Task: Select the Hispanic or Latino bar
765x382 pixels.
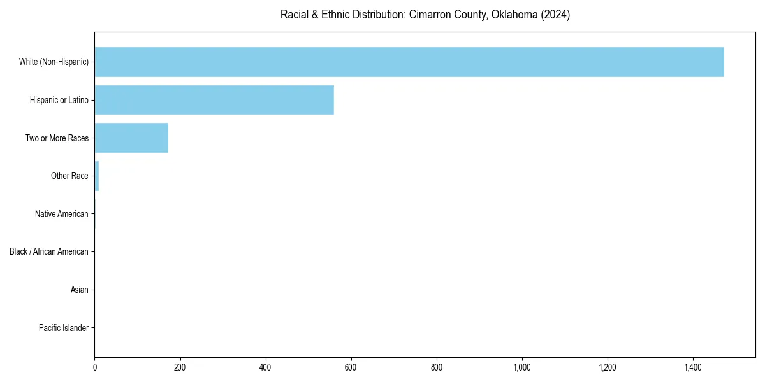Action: (x=214, y=100)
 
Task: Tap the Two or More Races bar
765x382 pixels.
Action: (x=131, y=138)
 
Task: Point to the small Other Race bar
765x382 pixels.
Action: (x=97, y=176)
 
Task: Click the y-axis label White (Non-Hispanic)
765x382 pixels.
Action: (x=54, y=62)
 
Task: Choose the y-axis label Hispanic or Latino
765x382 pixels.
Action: (x=59, y=100)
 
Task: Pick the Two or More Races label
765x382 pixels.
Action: (x=57, y=138)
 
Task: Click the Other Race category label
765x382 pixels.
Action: (x=69, y=176)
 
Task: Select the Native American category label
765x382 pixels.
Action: (x=62, y=214)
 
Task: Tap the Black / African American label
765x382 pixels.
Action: (x=49, y=251)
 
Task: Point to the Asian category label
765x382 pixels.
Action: (x=80, y=290)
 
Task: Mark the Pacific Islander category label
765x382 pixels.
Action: (x=64, y=328)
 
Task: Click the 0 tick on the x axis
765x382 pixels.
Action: (x=95, y=367)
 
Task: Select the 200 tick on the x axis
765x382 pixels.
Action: (x=180, y=367)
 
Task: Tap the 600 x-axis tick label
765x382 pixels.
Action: (x=351, y=367)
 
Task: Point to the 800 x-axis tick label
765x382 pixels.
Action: (x=437, y=367)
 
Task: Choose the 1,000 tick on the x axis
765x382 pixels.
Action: (x=522, y=367)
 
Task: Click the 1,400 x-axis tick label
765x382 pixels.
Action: (x=693, y=367)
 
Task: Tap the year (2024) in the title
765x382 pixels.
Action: (x=555, y=14)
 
